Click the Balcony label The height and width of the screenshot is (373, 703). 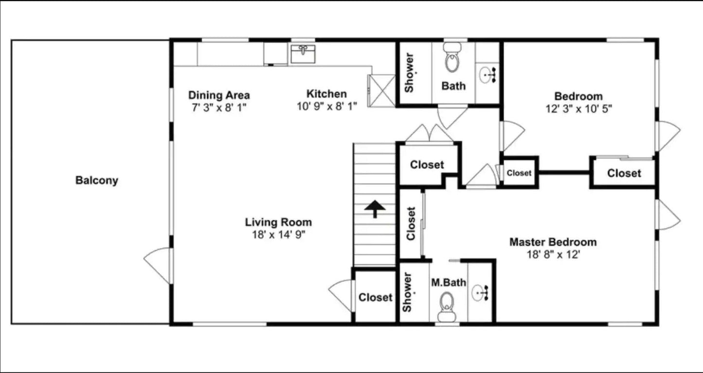(97, 180)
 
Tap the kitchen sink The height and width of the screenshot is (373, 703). (303, 54)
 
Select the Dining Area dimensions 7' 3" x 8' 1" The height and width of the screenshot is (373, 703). (219, 108)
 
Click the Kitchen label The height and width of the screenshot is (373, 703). (326, 93)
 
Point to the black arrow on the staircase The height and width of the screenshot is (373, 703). (375, 209)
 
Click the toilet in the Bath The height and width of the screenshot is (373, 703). (452, 57)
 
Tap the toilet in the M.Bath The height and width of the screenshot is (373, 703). (447, 307)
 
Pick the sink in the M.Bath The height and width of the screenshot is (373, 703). (480, 293)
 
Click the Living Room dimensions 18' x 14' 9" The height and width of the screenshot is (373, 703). (279, 234)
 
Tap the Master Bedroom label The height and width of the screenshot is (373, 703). (553, 242)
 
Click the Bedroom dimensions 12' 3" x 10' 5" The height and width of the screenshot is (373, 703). (579, 109)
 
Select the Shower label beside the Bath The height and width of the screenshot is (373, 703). (409, 73)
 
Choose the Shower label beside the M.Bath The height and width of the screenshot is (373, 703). (407, 292)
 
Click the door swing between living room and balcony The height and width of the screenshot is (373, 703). (158, 266)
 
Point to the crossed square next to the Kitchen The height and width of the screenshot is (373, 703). (381, 91)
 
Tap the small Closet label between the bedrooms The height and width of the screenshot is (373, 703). (519, 173)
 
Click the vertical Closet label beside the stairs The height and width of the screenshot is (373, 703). (411, 224)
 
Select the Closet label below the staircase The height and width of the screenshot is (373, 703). (376, 297)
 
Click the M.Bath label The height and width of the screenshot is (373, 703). (449, 282)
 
